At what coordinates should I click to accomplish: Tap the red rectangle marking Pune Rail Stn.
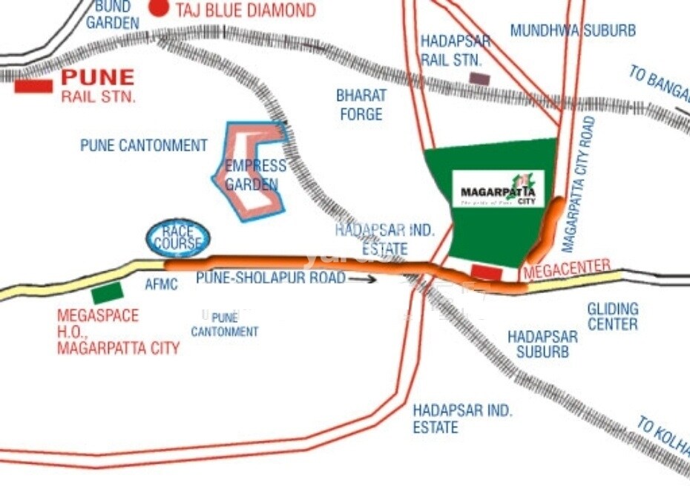(33, 86)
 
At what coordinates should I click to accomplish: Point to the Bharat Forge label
(361, 105)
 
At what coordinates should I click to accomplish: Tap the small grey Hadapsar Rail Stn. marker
(479, 77)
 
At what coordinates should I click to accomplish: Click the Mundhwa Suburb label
(573, 30)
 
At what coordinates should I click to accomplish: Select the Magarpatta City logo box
(499, 188)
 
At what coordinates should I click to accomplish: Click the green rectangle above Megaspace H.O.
(108, 292)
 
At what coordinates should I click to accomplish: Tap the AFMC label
(161, 284)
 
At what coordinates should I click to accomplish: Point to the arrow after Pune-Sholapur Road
(362, 279)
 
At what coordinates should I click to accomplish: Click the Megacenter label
(567, 269)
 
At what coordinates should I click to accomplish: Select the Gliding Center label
(612, 316)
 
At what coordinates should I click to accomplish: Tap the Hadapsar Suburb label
(542, 344)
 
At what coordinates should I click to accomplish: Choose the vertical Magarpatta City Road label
(580, 185)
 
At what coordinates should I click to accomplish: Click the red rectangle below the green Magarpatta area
(487, 272)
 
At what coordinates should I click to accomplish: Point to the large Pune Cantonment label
(144, 145)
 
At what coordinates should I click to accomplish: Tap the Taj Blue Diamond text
(245, 10)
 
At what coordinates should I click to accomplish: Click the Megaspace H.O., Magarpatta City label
(117, 332)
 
